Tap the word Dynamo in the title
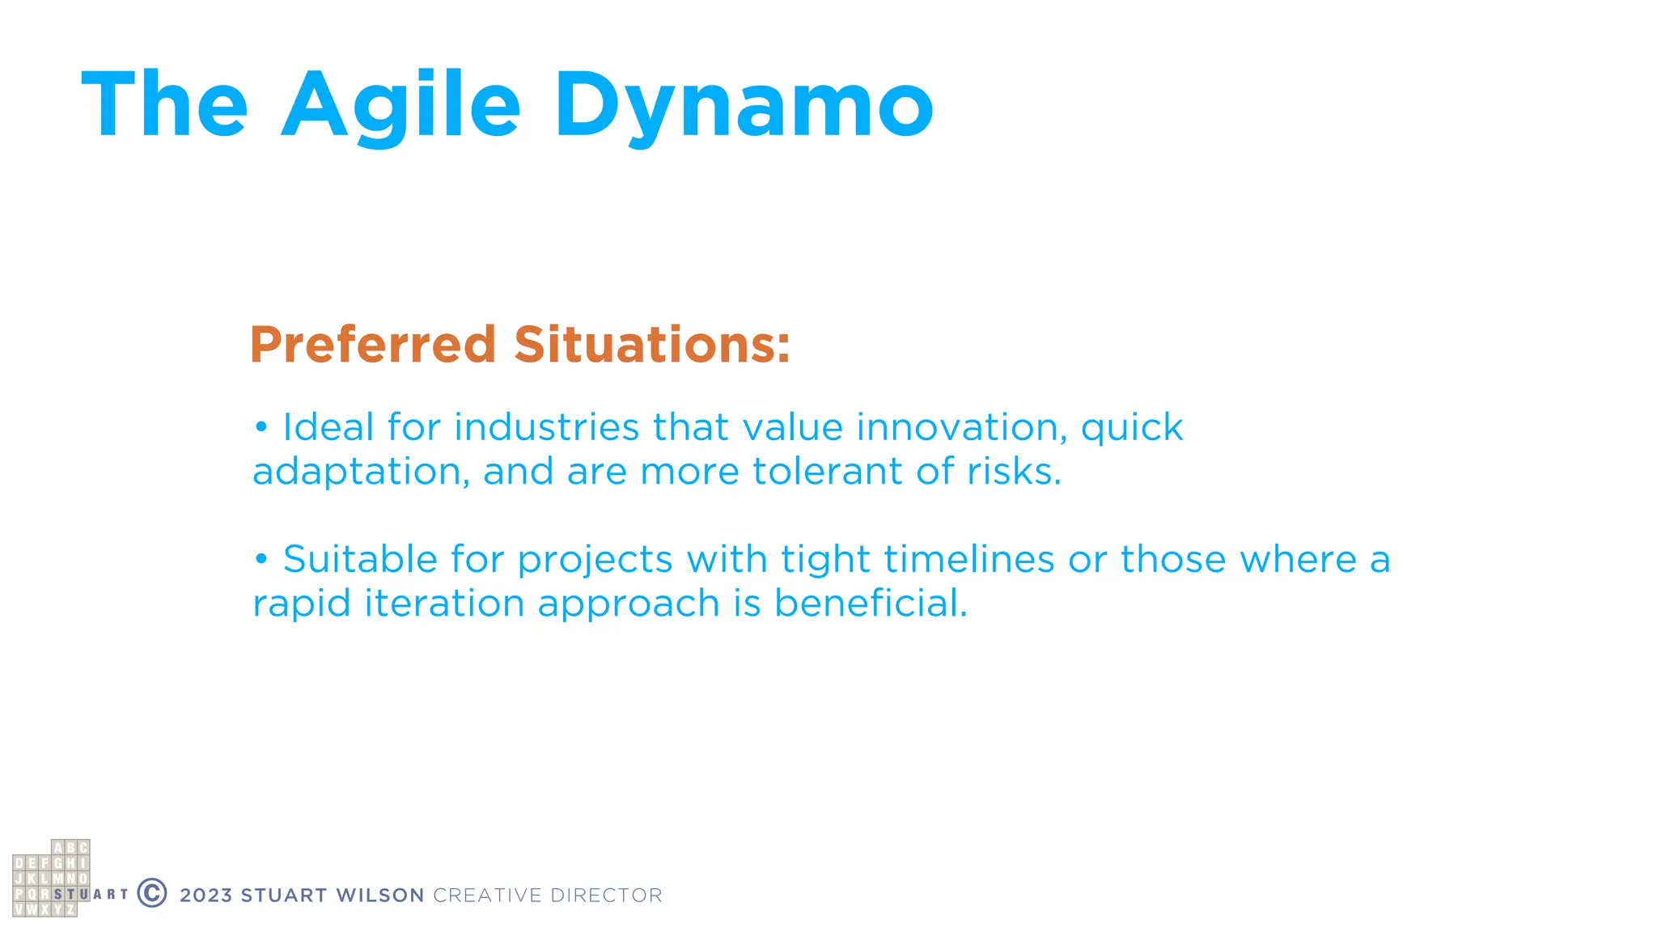pos(744,105)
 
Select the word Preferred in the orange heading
pos(372,345)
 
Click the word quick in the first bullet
pos(1132,429)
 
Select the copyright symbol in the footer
pos(152,893)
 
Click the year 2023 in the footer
pos(206,896)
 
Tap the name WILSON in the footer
pos(380,896)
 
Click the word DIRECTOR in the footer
pos(606,896)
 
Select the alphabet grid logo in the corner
pos(51,879)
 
